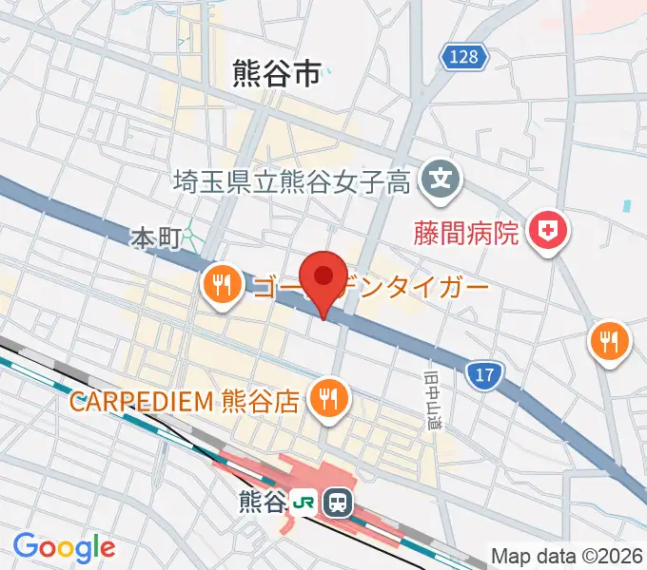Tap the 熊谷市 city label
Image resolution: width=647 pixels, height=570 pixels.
pyautogui.click(x=277, y=74)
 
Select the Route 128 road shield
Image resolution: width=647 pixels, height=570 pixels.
pyautogui.click(x=463, y=57)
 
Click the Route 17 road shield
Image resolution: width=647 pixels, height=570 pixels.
pyautogui.click(x=485, y=375)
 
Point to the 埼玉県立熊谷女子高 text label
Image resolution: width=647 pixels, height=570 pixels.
pyautogui.click(x=292, y=180)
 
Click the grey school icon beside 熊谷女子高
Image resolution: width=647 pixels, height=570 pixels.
pyautogui.click(x=441, y=176)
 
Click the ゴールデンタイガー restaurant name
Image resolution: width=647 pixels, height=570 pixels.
pyautogui.click(x=371, y=285)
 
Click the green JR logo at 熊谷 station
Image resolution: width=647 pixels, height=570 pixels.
pyautogui.click(x=304, y=501)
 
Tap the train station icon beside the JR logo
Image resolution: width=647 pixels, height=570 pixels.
pyautogui.click(x=336, y=501)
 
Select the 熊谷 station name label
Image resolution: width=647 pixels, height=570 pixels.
pyautogui.click(x=265, y=502)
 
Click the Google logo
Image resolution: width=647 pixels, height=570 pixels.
pyautogui.click(x=64, y=546)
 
